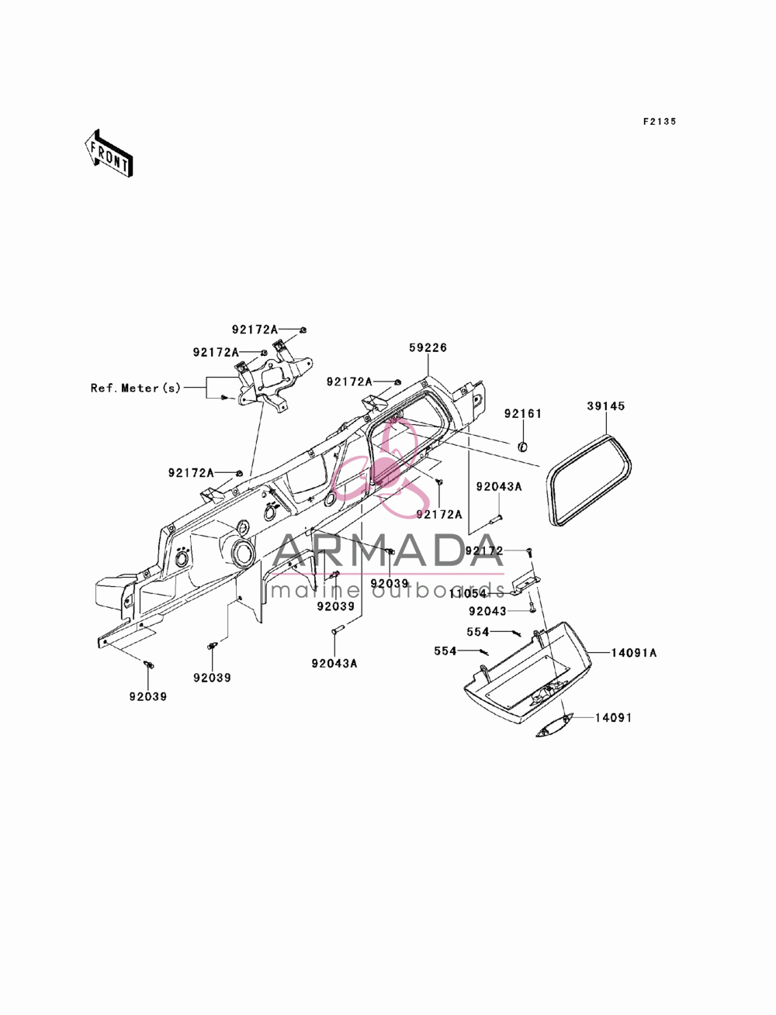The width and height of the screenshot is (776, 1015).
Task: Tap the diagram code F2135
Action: click(x=660, y=122)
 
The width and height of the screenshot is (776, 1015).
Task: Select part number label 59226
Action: click(x=428, y=347)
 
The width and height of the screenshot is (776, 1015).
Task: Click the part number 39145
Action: click(x=606, y=406)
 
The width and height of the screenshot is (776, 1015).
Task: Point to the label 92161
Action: click(x=523, y=413)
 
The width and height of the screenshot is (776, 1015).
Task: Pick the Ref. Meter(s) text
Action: click(x=135, y=388)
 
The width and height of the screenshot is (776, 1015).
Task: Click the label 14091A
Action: click(x=633, y=652)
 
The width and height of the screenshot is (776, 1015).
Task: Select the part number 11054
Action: click(x=468, y=593)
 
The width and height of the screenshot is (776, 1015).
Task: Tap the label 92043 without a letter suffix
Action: click(x=487, y=611)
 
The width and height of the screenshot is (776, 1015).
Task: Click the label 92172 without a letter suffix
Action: click(x=484, y=551)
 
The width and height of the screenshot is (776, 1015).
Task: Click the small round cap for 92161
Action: click(x=523, y=447)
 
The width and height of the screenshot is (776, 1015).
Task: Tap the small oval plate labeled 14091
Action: click(x=554, y=724)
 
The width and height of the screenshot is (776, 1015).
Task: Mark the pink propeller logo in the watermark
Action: click(x=385, y=466)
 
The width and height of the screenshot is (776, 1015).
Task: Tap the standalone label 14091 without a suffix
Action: click(x=613, y=718)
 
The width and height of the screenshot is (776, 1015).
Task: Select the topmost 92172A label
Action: click(x=255, y=330)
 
